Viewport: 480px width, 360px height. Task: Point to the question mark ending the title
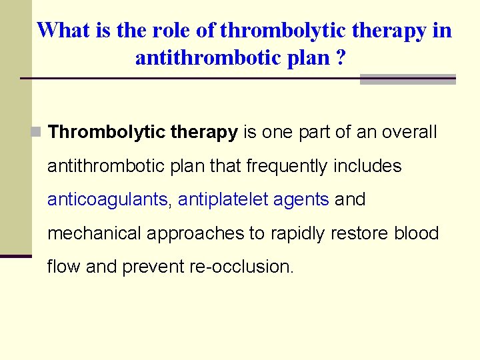[x=341, y=58]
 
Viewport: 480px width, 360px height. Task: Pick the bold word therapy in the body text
[x=204, y=132]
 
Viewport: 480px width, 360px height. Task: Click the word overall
[x=409, y=132]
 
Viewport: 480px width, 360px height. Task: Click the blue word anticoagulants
[x=107, y=199]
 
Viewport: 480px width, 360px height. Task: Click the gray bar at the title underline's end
[x=407, y=79]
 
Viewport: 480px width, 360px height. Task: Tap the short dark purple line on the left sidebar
[x=16, y=256]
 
